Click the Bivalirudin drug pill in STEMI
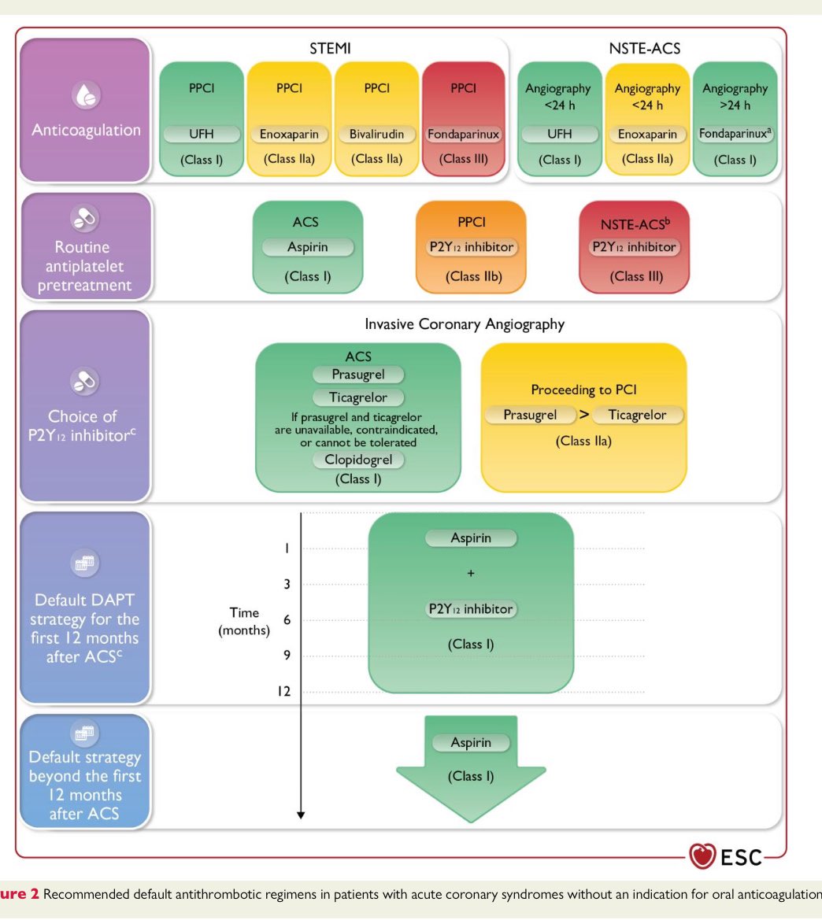point(376,135)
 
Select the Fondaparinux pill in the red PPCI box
point(463,135)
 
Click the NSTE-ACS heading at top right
point(646,49)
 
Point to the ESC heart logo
point(702,856)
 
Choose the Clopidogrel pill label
point(358,460)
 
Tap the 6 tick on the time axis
point(287,620)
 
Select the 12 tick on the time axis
point(283,691)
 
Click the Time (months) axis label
point(244,622)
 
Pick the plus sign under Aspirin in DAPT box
point(471,574)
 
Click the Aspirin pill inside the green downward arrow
point(471,743)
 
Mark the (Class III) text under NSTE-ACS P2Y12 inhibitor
point(634,276)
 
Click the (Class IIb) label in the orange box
point(471,276)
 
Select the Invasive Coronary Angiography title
point(465,324)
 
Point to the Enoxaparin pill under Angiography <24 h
point(647,135)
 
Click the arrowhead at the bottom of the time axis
point(301,815)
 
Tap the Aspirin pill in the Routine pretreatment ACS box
point(308,247)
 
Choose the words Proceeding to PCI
point(583,390)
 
